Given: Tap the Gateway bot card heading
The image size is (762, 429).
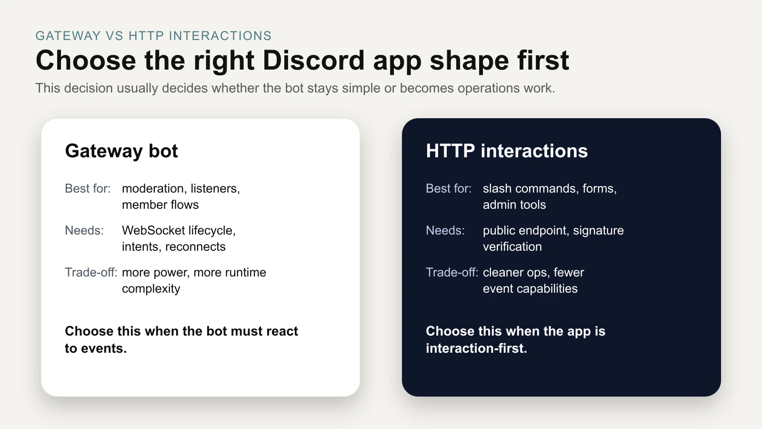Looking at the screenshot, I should pos(121,151).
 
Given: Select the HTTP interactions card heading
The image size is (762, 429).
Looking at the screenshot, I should pos(507,151).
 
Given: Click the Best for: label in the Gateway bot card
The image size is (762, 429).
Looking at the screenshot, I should pos(88,189).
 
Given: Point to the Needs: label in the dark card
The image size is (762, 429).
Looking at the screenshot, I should pos(445,231).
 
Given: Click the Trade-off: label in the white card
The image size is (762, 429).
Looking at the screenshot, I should pos(91,273).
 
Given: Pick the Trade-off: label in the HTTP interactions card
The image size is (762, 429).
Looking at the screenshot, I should pos(452,273).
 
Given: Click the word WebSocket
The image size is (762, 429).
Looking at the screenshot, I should pos(153,231).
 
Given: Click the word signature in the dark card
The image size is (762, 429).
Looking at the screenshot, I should pos(598,231).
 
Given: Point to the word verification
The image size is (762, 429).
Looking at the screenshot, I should pos(512,247).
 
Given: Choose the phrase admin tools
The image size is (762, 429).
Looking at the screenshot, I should pos(514,205).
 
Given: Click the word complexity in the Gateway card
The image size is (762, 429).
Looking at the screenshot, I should pos(151,289).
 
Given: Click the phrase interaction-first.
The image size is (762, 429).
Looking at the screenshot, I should pos(476,348).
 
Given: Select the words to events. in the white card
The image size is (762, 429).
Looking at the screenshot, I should pos(96,348).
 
